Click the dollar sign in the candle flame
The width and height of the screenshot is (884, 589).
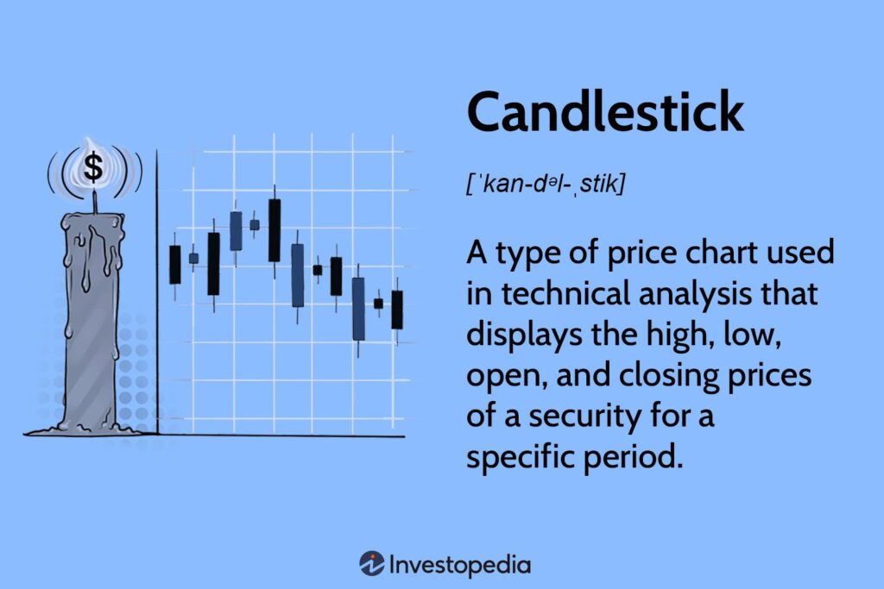pyautogui.click(x=92, y=168)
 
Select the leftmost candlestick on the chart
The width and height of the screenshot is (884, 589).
pyautogui.click(x=175, y=265)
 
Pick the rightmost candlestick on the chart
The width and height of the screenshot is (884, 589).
pyautogui.click(x=397, y=310)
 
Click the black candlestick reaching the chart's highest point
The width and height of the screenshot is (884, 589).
pyautogui.click(x=275, y=230)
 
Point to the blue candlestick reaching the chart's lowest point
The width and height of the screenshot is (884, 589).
pyautogui.click(x=358, y=308)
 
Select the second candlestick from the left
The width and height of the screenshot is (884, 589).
pyautogui.click(x=193, y=258)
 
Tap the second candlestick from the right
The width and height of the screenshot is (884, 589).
pyautogui.click(x=378, y=304)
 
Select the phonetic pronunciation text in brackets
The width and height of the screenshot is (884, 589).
pyautogui.click(x=543, y=184)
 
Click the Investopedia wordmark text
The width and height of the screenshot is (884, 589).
pyautogui.click(x=459, y=565)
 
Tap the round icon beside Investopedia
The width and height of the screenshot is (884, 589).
pyautogui.click(x=371, y=564)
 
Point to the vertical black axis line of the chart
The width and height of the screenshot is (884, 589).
pyautogui.click(x=157, y=293)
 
